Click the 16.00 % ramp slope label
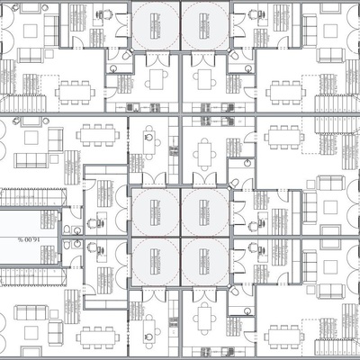click(24, 239)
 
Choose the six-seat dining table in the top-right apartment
click(284, 90)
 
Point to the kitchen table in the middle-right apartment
click(205, 151)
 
